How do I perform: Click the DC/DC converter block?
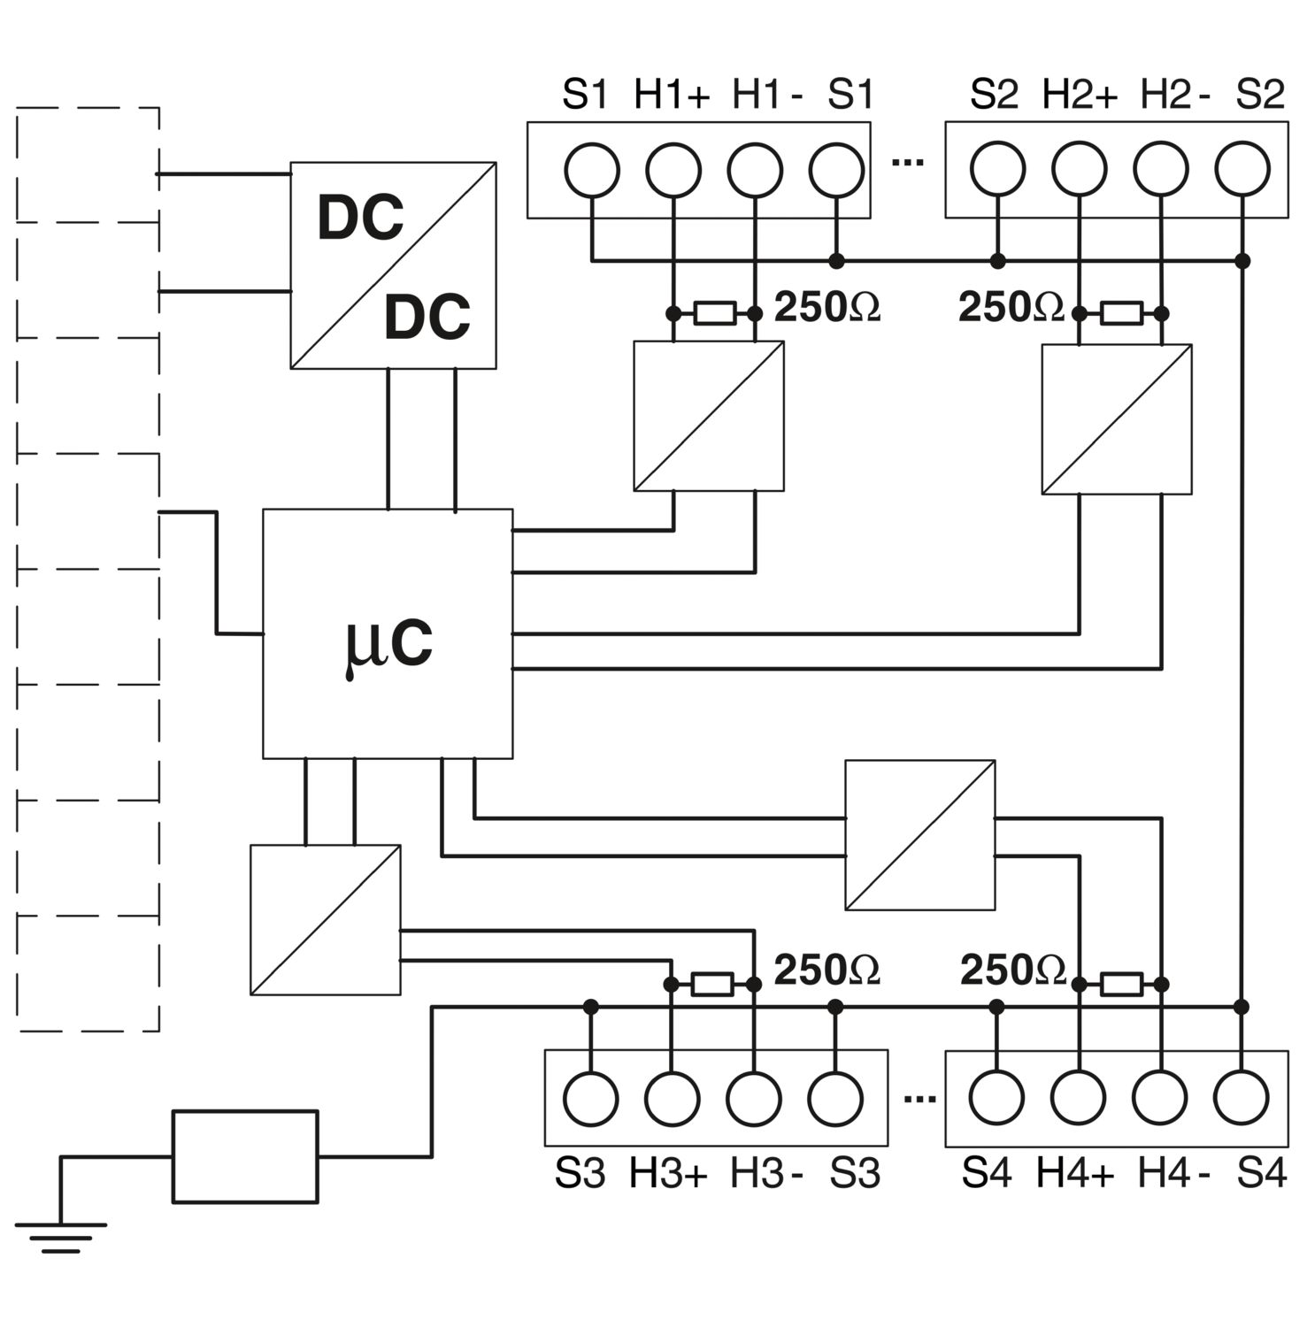(393, 265)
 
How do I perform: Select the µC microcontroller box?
(388, 634)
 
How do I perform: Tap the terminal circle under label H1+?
(673, 170)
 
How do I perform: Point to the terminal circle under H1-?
(755, 170)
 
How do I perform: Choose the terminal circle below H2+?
(1079, 170)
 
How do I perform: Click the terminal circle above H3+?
(672, 1099)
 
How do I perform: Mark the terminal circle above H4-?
(1159, 1098)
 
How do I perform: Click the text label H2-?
(1174, 95)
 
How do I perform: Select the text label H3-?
(765, 1174)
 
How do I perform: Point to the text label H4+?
(1074, 1174)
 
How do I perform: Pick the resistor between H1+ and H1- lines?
(714, 313)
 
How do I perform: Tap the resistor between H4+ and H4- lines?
(1120, 984)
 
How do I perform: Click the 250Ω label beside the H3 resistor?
(826, 970)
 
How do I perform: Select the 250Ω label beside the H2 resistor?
(1011, 307)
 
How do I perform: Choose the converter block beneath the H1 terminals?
(709, 416)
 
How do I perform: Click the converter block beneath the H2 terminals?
(1117, 418)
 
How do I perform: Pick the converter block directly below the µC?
(326, 920)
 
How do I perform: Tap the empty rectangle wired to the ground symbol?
(245, 1156)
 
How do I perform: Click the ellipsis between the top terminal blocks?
(908, 163)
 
